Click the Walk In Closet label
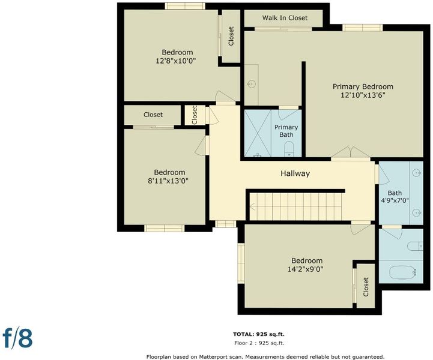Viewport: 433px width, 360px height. tap(285, 18)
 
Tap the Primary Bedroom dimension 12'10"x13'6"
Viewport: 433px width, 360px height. tap(363, 95)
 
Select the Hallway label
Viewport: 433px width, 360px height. tap(295, 173)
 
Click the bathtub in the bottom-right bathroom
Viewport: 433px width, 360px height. tap(402, 272)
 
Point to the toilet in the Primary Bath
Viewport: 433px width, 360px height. tap(289, 149)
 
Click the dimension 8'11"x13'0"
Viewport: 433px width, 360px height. tap(168, 181)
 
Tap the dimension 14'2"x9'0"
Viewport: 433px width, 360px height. tap(306, 269)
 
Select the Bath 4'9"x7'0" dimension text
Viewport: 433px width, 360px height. tap(395, 200)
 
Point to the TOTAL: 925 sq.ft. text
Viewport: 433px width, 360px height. tap(259, 334)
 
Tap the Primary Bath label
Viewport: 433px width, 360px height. tap(286, 131)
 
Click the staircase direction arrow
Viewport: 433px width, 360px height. tap(252, 206)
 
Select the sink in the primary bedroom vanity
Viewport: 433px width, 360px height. tap(251, 83)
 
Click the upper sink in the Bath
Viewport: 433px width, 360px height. tap(417, 173)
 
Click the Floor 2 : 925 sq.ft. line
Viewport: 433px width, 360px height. tap(259, 343)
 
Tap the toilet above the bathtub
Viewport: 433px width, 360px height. tap(415, 246)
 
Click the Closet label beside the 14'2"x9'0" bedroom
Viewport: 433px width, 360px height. tap(366, 287)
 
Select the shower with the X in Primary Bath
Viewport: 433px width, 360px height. tap(258, 134)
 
